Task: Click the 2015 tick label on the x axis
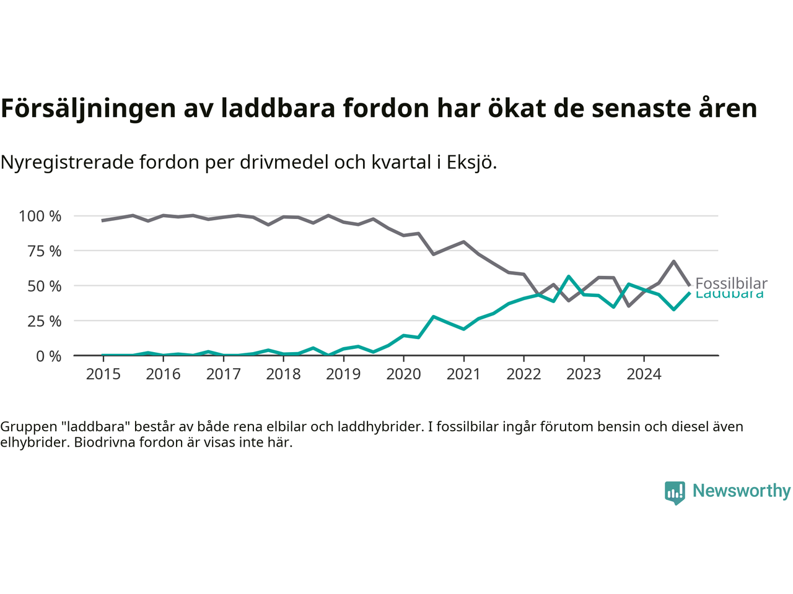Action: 103,374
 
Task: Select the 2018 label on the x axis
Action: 283,374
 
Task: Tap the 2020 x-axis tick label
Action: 403,374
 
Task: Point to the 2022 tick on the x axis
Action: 524,374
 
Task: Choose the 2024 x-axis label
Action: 644,374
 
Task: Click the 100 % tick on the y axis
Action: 40,217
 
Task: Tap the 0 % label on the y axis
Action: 48,356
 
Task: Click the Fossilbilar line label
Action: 731,283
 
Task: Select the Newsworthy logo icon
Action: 675,493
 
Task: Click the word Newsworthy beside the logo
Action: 742,491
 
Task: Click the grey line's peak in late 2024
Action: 673,261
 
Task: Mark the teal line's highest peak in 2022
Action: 569,277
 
